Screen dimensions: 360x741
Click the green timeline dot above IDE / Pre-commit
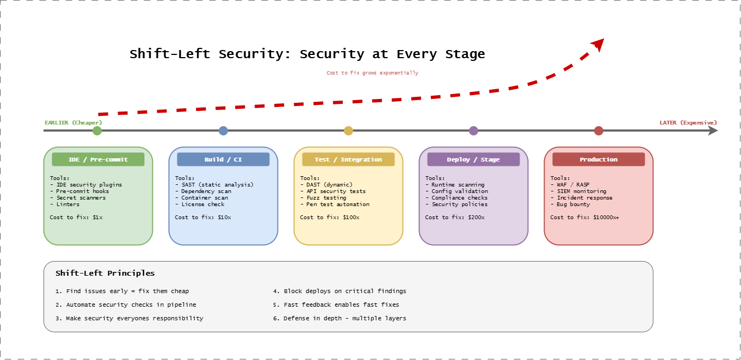tap(97, 131)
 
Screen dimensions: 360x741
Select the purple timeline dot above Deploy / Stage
tap(473, 131)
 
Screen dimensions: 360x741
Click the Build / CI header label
tap(223, 159)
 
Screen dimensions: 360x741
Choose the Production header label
tap(598, 159)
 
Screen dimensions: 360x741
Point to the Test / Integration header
tap(348, 159)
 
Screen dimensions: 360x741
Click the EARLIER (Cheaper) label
tap(73, 122)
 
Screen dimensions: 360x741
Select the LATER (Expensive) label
tap(688, 122)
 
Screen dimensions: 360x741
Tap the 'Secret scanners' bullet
tap(81, 198)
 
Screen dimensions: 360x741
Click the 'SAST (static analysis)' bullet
tap(214, 185)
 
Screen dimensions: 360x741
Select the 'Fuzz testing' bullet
tap(323, 198)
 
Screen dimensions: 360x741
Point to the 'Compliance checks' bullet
tap(456, 198)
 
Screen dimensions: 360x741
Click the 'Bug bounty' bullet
tap(570, 204)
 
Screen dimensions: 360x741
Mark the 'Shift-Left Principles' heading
tap(105, 274)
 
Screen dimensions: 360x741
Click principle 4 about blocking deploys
tap(339, 291)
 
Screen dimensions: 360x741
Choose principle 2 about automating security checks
tap(126, 305)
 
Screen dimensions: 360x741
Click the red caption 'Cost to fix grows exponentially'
tap(373, 73)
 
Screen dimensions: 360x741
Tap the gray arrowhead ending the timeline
tap(713, 131)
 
